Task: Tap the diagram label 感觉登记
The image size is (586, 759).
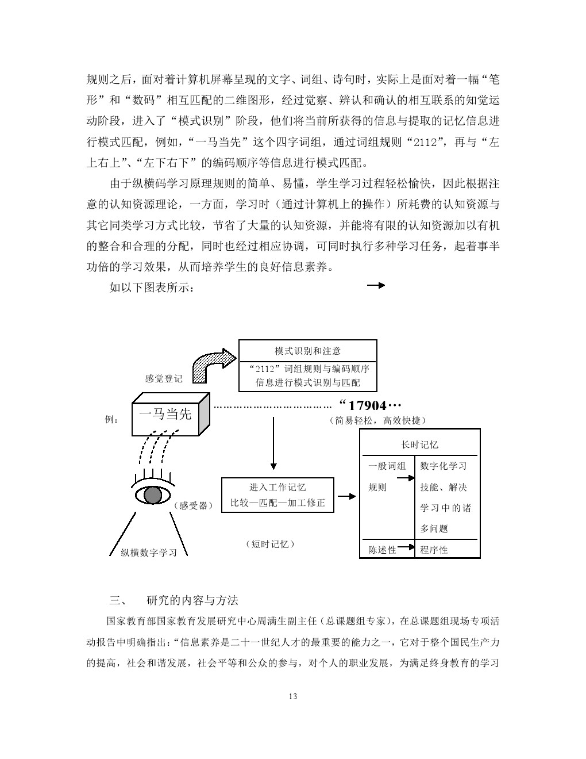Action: (x=164, y=378)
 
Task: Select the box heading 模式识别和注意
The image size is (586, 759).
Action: (x=307, y=351)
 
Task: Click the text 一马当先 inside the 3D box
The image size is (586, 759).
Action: (x=165, y=414)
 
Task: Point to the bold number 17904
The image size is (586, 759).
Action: (x=367, y=405)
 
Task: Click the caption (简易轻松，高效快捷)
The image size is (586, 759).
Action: (x=377, y=420)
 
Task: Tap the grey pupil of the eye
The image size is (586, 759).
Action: (x=152, y=495)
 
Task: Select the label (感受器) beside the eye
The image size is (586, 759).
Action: (x=194, y=505)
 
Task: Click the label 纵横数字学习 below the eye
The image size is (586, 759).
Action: (x=149, y=553)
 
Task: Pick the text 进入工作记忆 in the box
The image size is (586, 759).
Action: (x=277, y=487)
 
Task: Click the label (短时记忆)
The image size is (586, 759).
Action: (x=271, y=544)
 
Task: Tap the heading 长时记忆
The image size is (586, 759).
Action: (x=419, y=444)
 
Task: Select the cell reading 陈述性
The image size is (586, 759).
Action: (x=382, y=550)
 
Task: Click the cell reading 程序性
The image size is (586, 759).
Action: (x=434, y=550)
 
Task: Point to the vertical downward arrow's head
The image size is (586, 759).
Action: (x=273, y=466)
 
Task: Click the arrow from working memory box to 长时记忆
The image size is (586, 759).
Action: (x=347, y=496)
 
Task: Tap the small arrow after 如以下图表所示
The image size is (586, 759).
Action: (x=376, y=285)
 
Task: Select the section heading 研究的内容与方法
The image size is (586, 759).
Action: (x=192, y=600)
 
